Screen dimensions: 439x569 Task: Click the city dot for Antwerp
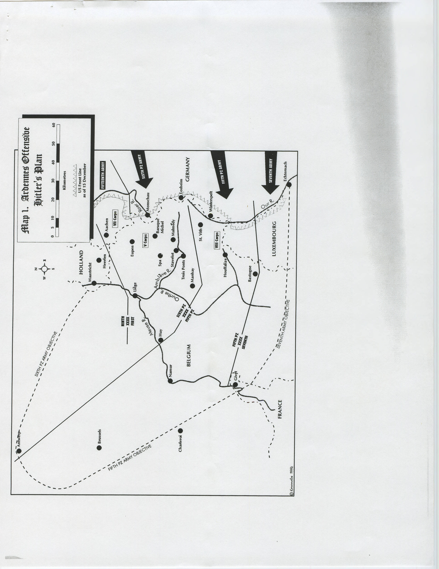[x=19, y=451]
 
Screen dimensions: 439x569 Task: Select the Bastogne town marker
[x=255, y=273]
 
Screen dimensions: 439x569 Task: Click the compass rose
[x=45, y=269]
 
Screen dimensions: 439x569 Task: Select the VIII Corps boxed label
[x=217, y=240]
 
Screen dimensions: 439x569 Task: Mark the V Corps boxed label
[x=145, y=240]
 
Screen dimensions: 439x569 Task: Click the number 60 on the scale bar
[x=54, y=125]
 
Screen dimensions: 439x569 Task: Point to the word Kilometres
[x=64, y=180]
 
